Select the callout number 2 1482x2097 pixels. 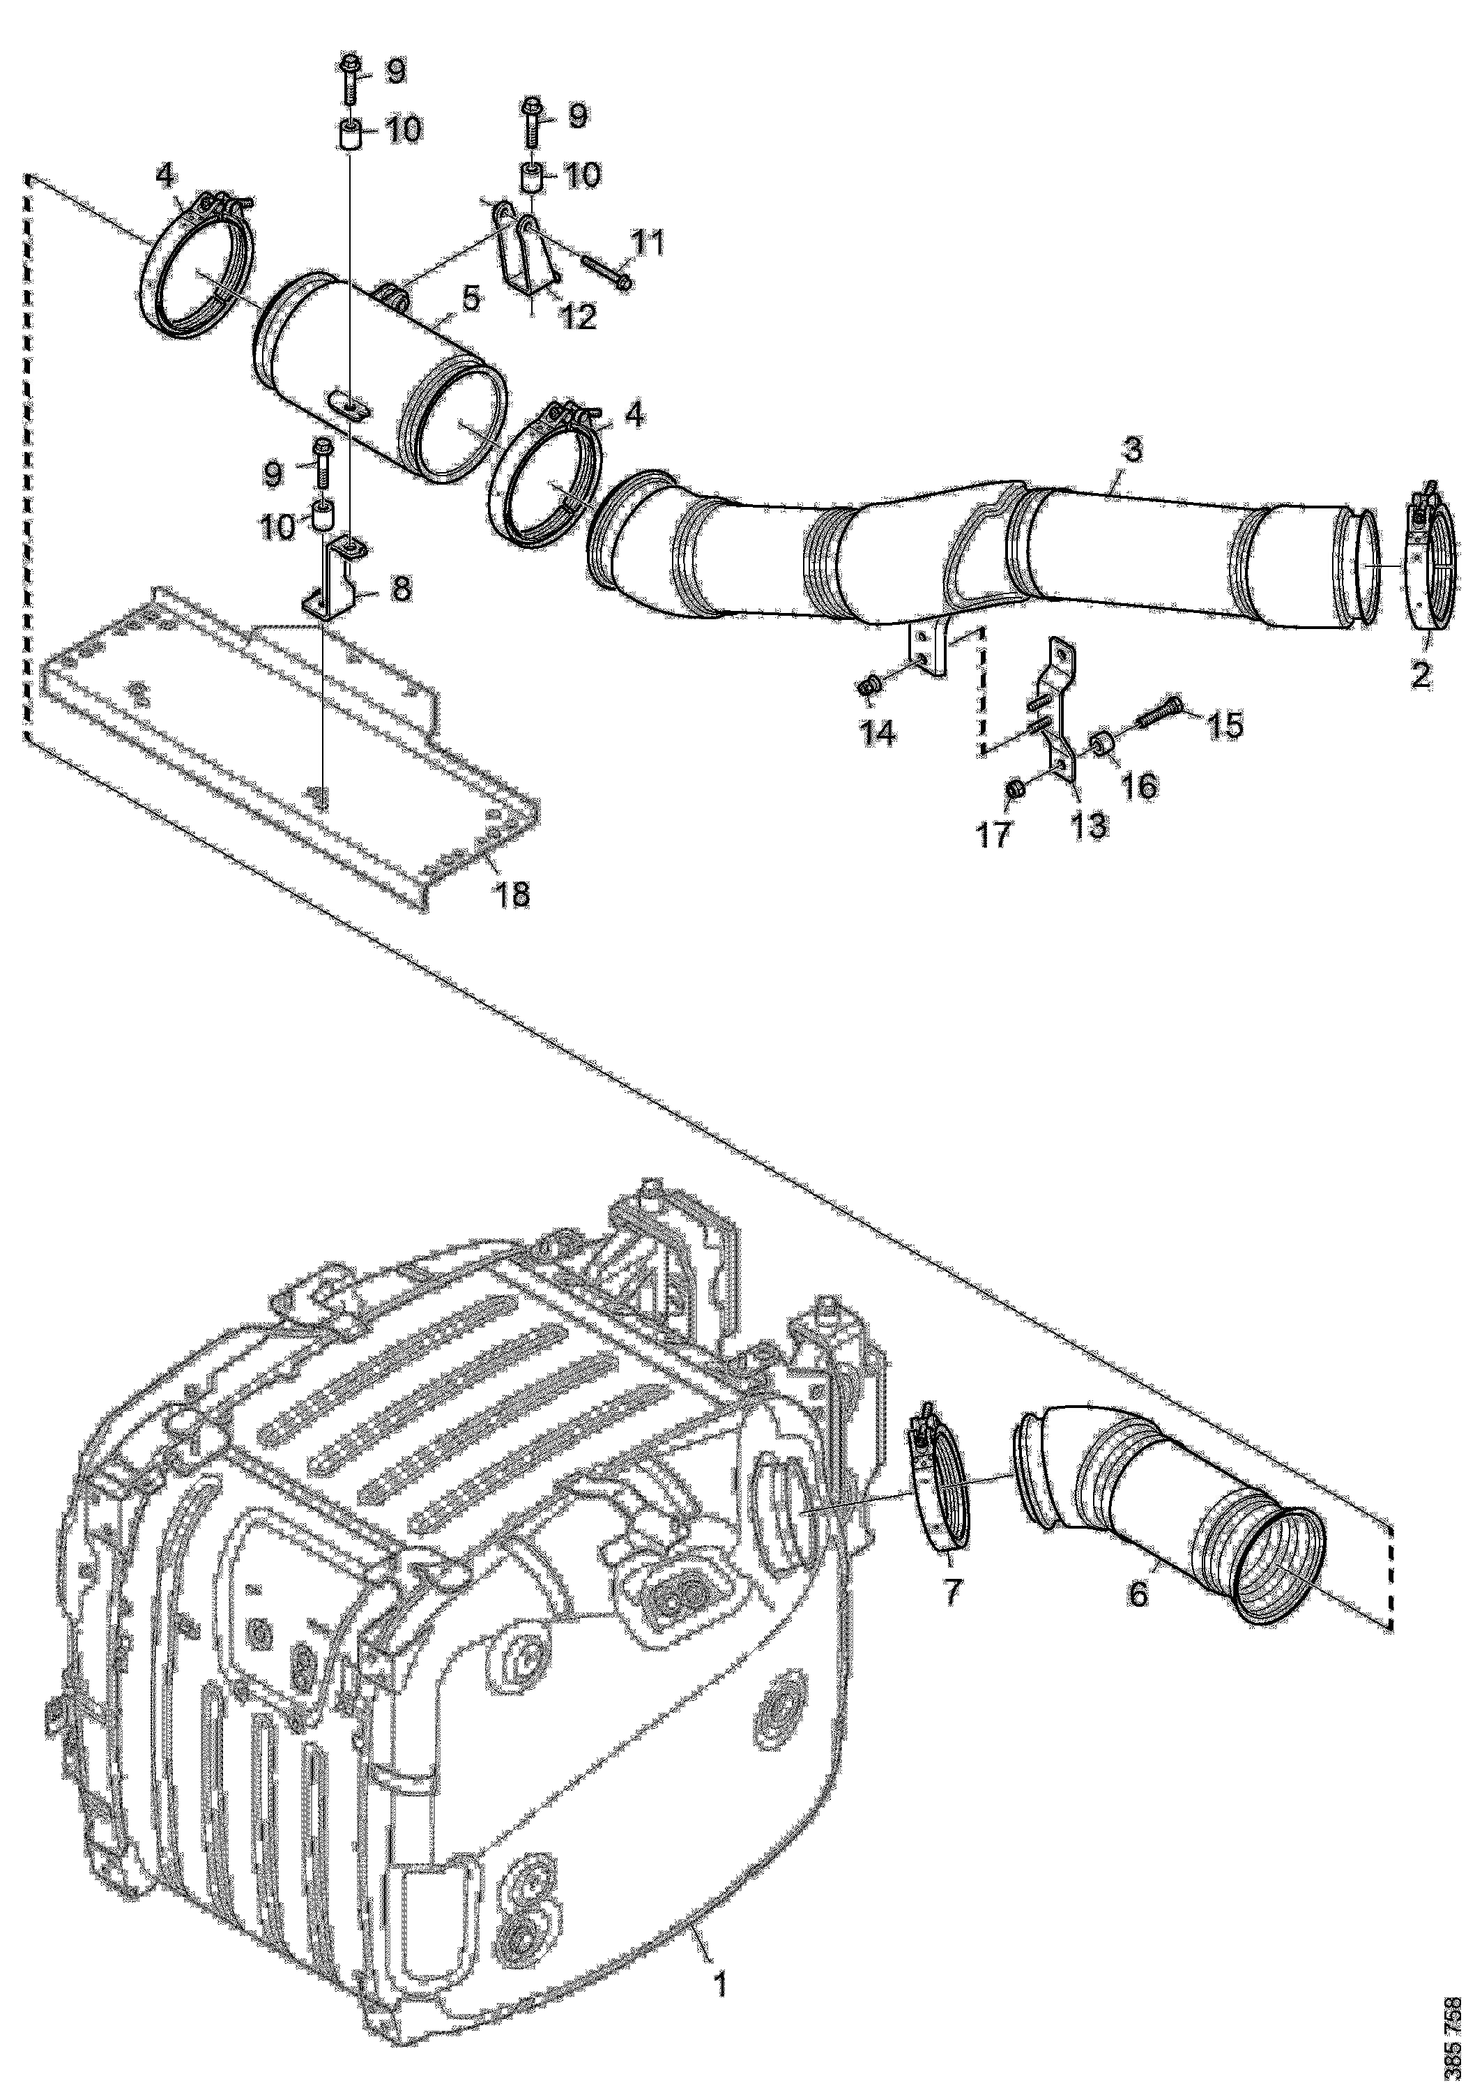pos(1420,676)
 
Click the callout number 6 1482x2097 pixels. pos(1138,1595)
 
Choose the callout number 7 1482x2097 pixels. pos(952,1592)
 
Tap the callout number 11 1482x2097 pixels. pos(648,245)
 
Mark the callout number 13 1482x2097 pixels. pos(1090,825)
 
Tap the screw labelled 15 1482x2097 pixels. pos(1160,713)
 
